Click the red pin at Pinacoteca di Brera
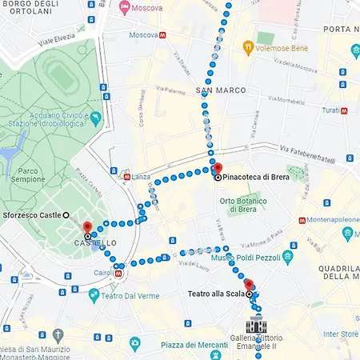tap(217, 169)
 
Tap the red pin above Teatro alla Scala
tap(248, 285)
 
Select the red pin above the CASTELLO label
tap(88, 228)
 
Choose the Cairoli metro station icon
tap(118, 273)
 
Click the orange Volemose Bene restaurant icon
tap(249, 47)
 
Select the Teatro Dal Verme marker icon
tap(94, 295)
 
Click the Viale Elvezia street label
tap(60, 37)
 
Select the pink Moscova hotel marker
tap(125, 8)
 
